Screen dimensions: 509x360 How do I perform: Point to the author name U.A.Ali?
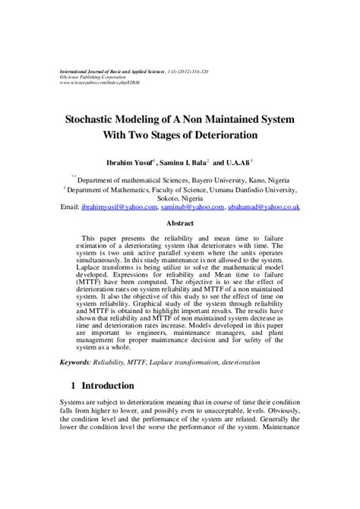click(x=237, y=162)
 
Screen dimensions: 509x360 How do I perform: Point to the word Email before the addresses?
click(x=69, y=207)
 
